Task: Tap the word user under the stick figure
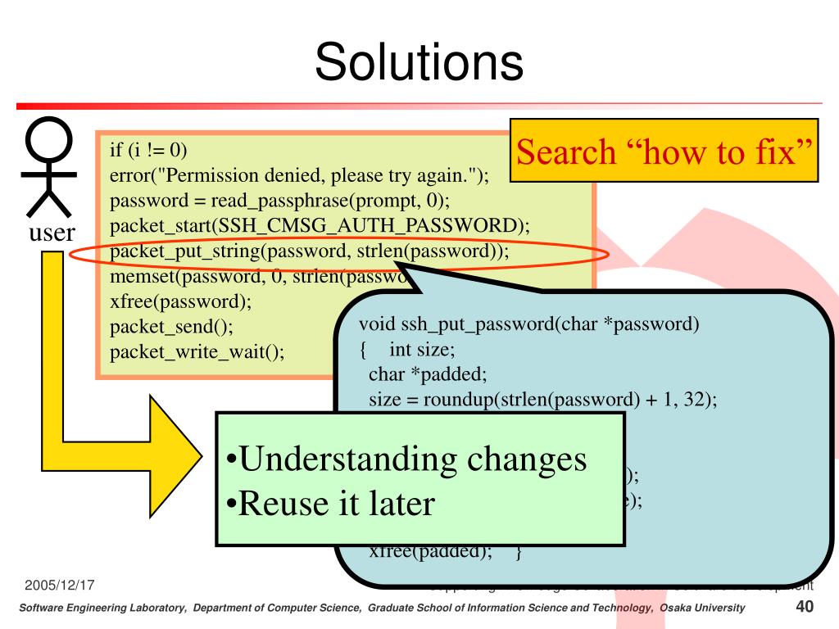click(52, 233)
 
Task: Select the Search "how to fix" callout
click(665, 152)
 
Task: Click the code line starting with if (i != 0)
click(148, 150)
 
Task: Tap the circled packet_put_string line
click(310, 251)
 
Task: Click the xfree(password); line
click(180, 301)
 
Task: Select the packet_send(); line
click(171, 326)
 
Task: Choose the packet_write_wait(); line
click(197, 351)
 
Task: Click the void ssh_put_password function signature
click(529, 324)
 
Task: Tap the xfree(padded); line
click(430, 550)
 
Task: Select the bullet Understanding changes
click(406, 459)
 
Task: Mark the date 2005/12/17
click(60, 586)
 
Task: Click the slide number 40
click(804, 607)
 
